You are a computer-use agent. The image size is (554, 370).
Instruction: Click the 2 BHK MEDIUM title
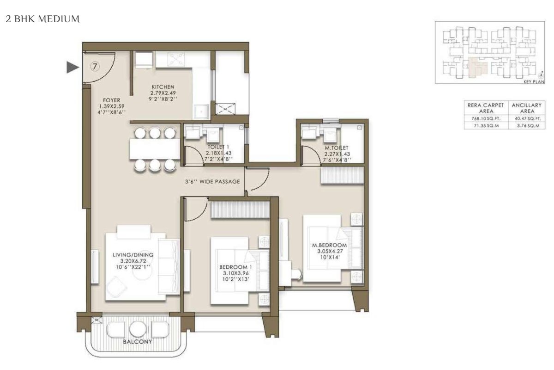coord(42,19)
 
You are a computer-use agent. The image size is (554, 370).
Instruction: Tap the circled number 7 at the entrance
coord(95,67)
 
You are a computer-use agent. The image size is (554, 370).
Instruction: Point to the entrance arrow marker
coord(73,67)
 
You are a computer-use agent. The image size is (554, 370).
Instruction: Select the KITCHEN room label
coord(163,87)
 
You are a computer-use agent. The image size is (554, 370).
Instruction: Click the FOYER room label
coord(112,100)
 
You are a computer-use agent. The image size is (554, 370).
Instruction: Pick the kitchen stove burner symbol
coord(176,60)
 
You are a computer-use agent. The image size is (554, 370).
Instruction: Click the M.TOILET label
coord(337,148)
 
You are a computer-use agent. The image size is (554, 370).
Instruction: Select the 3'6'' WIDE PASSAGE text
coord(212,182)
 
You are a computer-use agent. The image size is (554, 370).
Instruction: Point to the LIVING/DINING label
coord(133,255)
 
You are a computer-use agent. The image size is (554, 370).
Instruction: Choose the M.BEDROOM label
coord(330,245)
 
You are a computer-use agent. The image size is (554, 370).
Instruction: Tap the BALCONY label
coord(138,341)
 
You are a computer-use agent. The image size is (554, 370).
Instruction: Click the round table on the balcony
coord(138,329)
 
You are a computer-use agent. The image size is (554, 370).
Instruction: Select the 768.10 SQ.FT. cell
coord(486,118)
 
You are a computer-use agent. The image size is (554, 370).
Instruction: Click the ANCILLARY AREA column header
coord(527,108)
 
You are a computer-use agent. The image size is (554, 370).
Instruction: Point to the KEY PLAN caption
coord(534,81)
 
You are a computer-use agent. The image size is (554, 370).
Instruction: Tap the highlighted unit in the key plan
coord(477,67)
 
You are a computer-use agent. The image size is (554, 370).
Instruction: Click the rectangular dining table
coord(155,149)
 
